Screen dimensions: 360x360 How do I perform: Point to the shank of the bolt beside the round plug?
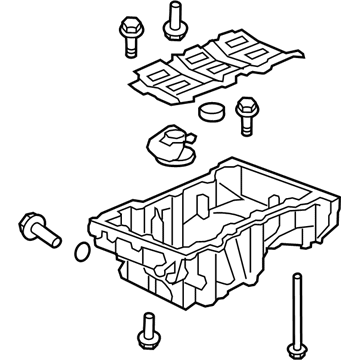click(x=244, y=125)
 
